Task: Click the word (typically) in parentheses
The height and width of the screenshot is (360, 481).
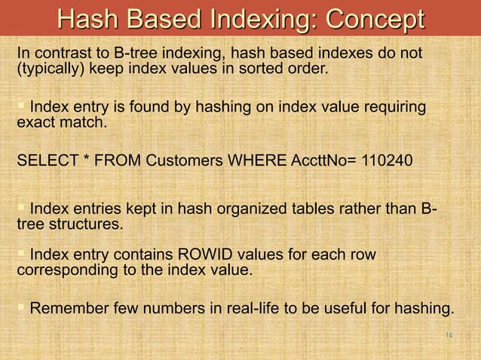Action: coord(50,70)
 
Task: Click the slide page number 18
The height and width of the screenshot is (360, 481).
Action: coord(448,334)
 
